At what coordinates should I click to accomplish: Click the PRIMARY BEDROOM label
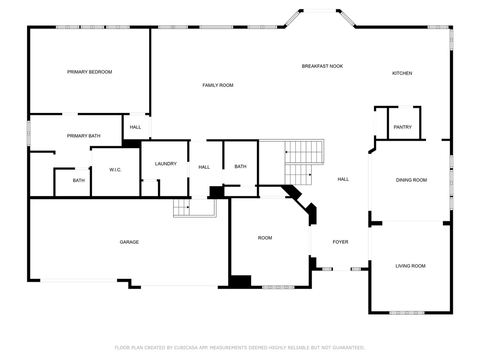point(90,72)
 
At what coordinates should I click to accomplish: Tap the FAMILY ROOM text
point(218,85)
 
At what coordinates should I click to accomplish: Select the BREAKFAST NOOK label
point(322,67)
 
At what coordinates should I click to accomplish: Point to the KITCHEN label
point(402,73)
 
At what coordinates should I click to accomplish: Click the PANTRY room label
point(403,127)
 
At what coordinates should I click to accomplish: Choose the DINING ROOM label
point(411,180)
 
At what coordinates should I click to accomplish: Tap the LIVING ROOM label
point(410,266)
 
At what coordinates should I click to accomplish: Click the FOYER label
point(340,242)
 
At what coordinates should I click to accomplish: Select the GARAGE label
point(129,242)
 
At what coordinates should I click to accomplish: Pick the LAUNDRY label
point(166,164)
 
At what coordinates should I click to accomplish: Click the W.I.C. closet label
point(115,170)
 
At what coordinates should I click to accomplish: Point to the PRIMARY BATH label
point(83,136)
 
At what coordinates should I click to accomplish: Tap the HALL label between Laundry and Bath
point(204,167)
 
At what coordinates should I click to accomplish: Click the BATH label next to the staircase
point(240,167)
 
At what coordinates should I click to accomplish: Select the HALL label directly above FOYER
point(343,179)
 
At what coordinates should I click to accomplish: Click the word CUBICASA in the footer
point(179,348)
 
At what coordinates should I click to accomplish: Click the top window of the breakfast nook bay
point(320,10)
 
